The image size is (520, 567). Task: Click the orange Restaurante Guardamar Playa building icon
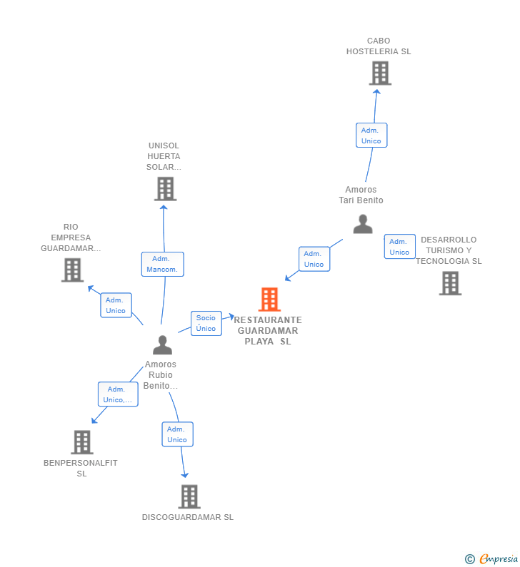tap(269, 300)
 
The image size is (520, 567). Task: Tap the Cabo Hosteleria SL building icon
tap(380, 73)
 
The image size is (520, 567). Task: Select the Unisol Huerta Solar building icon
tap(166, 189)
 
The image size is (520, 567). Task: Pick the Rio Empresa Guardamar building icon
tap(72, 270)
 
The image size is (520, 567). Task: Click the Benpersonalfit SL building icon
tap(82, 442)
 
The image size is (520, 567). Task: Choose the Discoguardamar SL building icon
tap(189, 496)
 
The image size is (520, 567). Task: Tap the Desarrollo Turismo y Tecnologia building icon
tap(450, 283)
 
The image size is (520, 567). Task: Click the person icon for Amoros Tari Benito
tap(363, 224)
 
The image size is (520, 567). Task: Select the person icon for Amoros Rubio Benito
tap(163, 345)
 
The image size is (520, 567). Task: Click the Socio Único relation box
tap(206, 323)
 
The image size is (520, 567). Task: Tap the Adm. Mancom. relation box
tap(163, 265)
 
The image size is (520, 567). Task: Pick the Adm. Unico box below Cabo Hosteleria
tap(371, 136)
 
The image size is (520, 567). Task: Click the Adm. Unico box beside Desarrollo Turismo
tap(400, 247)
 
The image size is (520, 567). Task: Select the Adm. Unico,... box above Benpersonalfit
tap(118, 394)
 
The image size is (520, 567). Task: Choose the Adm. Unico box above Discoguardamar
tap(177, 434)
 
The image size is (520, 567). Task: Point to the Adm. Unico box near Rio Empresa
tap(116, 305)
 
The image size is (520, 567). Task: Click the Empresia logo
tap(491, 558)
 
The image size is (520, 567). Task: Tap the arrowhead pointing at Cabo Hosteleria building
tap(376, 92)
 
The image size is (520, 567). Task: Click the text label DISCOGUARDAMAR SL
tap(188, 517)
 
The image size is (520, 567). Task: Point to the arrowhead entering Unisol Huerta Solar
tap(164, 208)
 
